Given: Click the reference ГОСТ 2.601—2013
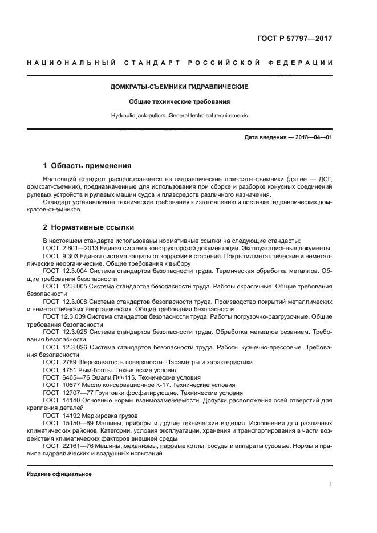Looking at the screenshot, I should click(72, 248).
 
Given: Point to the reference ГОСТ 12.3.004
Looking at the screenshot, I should click(64, 272).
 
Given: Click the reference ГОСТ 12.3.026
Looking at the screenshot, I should click(64, 347).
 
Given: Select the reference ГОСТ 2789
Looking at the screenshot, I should click(59, 362).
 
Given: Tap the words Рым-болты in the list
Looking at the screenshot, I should click(98, 369).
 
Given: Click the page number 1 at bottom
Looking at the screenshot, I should click(330, 485).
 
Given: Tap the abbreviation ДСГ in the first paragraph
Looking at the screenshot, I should click(325, 179).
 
